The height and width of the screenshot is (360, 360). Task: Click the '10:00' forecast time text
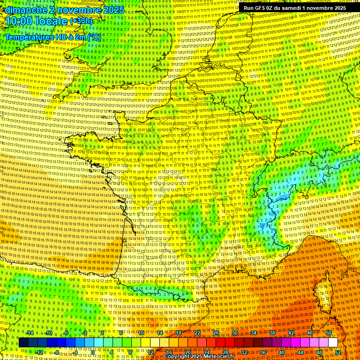[x=19, y=21]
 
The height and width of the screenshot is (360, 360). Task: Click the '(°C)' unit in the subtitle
[x=93, y=37]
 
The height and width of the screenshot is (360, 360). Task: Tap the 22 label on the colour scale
[x=197, y=333]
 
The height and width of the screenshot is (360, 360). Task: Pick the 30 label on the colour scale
[x=235, y=333]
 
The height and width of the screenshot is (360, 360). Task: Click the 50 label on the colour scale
[x=328, y=333]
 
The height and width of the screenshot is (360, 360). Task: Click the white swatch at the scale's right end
[x=333, y=343]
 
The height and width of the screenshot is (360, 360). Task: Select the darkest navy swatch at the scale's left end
[x=23, y=343]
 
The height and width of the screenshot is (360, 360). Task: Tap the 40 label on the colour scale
[x=282, y=352]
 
